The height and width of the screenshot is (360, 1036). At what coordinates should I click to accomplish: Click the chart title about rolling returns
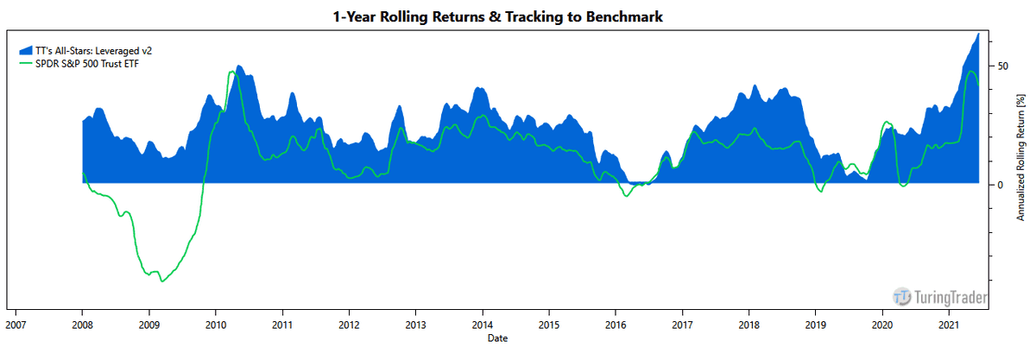coord(498,16)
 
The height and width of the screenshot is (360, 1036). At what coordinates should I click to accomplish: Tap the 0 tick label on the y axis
coord(1000,184)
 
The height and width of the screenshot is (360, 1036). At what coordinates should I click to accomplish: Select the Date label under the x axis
coord(496,338)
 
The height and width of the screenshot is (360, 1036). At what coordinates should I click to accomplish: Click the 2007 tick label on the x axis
coord(16,325)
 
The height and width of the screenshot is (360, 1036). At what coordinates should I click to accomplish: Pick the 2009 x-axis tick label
coord(148,325)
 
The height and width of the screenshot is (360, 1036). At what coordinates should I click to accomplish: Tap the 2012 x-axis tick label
coord(349,325)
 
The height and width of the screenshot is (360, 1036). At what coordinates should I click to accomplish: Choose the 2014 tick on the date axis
coord(482,325)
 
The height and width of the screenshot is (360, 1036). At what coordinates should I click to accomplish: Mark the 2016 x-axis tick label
coord(616,325)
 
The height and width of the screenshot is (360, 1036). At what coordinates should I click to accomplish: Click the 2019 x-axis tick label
coord(816,325)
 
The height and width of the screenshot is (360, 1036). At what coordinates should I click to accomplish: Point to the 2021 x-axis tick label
coord(949,325)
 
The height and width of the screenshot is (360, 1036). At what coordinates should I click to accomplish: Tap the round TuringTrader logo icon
coord(901,297)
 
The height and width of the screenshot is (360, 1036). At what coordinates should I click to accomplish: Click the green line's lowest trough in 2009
coord(161,281)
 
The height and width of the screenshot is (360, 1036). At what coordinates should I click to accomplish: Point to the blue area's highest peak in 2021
coord(977,34)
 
